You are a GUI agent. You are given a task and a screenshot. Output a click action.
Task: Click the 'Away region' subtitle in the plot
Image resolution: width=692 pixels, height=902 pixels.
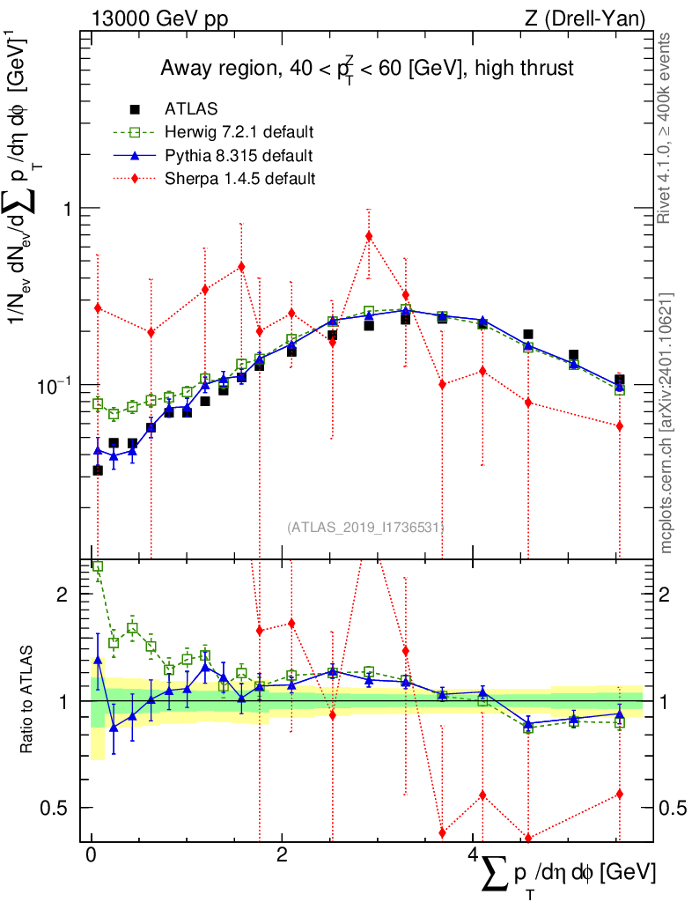367,68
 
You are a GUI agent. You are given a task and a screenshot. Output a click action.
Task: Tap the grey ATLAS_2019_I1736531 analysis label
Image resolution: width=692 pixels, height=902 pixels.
364,528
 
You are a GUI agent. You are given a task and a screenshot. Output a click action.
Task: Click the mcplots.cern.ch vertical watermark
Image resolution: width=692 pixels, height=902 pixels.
666,423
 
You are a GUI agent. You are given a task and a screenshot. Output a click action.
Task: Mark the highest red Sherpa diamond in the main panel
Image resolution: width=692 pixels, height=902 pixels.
369,235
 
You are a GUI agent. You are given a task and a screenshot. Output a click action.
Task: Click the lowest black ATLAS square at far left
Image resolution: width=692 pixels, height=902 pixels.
98,470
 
